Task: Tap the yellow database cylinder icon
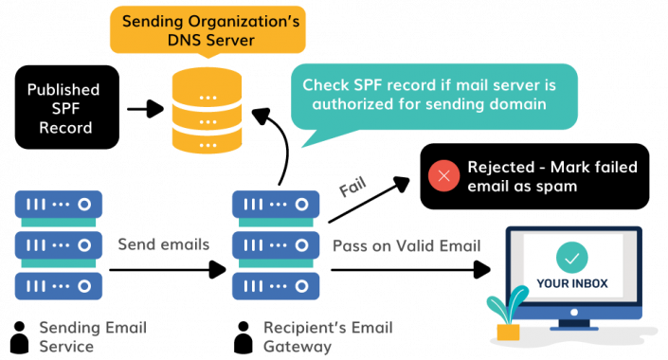207,112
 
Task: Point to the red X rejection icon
443,176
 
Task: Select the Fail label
352,188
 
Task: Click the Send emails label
163,244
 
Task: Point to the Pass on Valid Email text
406,245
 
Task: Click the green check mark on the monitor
572,256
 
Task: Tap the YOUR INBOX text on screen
572,282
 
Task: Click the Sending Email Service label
79,337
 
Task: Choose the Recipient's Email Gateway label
328,337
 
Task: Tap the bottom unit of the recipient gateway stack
275,284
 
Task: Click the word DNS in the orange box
155,41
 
